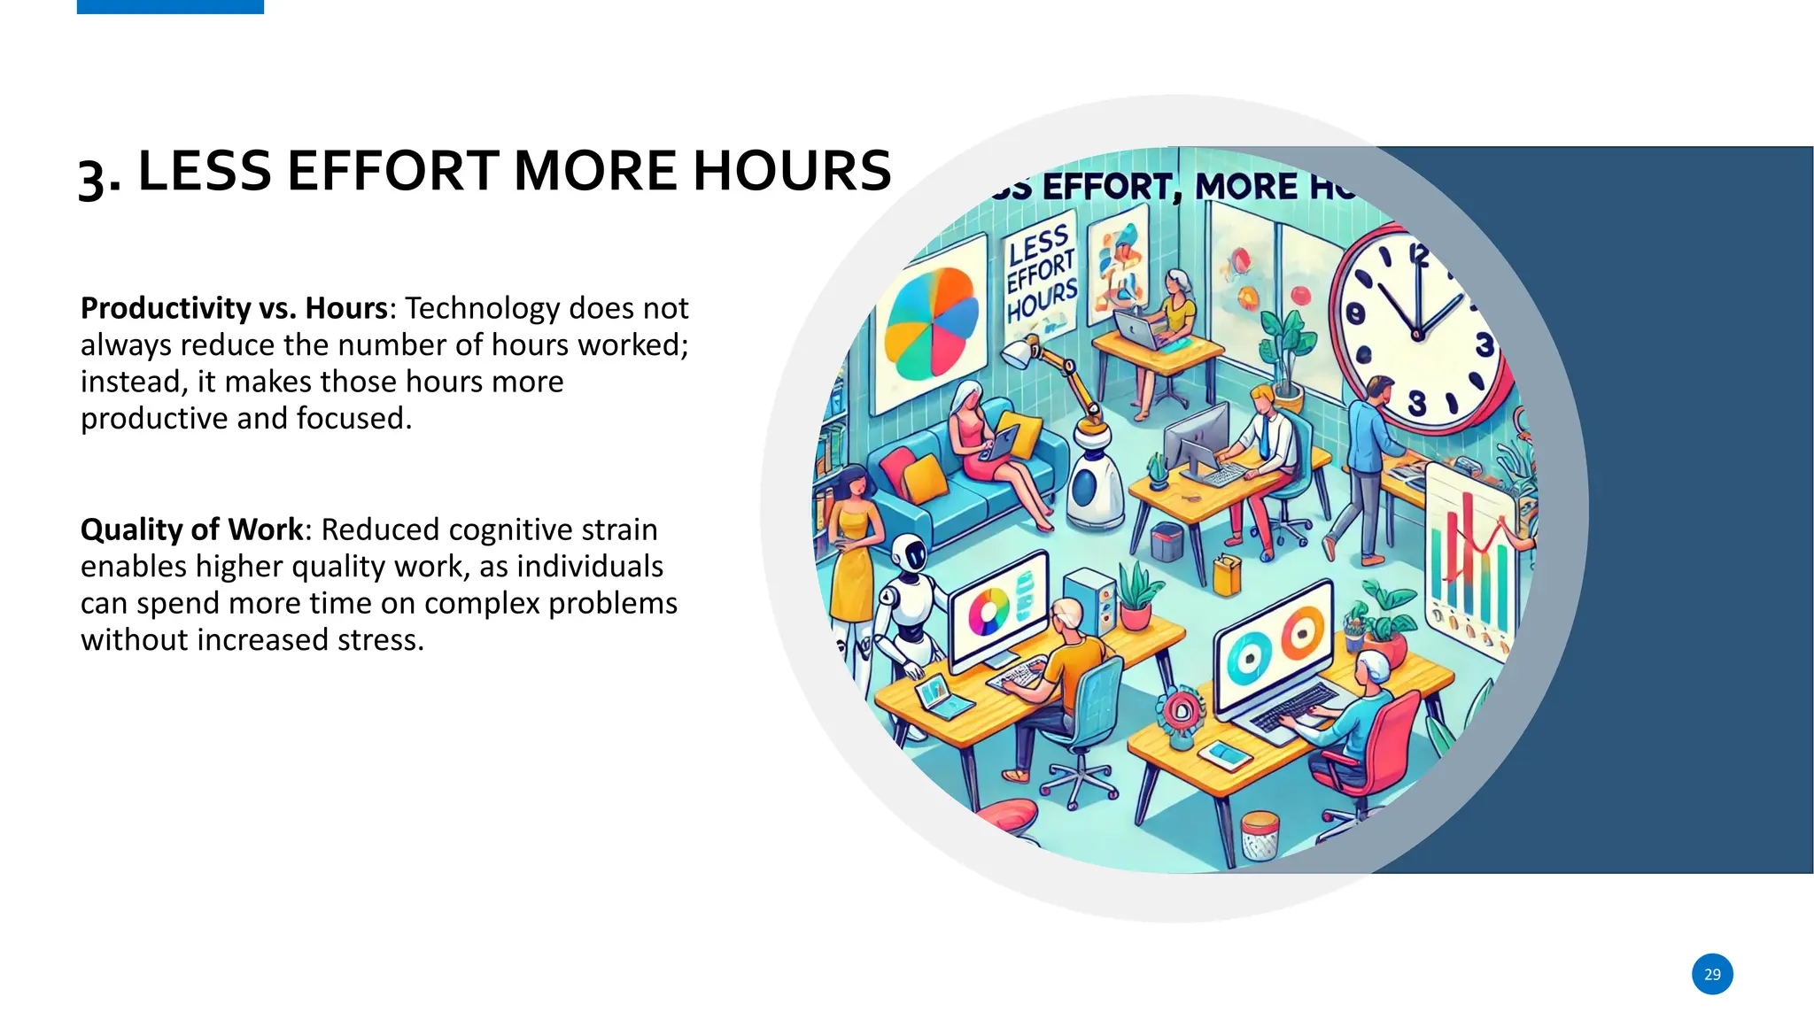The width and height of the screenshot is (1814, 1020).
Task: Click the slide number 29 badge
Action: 1711,974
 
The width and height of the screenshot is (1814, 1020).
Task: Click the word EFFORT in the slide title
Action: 393,170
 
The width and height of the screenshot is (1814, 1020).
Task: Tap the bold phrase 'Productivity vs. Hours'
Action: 234,308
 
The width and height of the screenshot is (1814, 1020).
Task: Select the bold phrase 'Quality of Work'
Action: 191,529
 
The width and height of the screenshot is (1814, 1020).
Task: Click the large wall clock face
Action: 1417,332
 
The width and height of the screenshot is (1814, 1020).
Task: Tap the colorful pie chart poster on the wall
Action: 930,323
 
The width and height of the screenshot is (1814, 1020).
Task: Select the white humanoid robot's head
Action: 910,553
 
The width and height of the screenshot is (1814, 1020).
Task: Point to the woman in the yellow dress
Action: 852,540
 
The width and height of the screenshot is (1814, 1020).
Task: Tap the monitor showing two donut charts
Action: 1273,646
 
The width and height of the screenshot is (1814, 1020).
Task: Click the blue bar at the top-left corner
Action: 170,6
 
